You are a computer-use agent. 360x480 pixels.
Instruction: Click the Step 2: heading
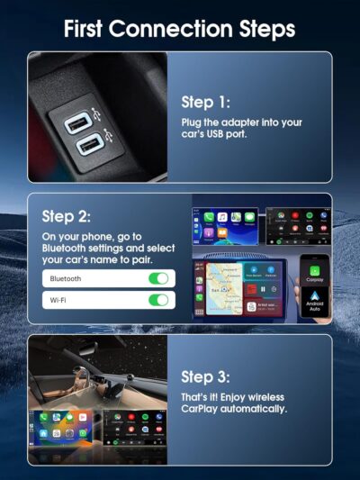[x=67, y=216]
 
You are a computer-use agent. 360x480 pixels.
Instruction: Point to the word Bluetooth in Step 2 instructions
[x=68, y=248]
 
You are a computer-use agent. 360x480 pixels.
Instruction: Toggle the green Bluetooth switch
[x=158, y=279]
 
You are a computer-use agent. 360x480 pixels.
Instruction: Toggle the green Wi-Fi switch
[x=158, y=301]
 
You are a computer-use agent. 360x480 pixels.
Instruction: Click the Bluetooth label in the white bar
[x=66, y=279]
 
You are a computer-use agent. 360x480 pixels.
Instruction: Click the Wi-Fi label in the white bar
[x=58, y=301]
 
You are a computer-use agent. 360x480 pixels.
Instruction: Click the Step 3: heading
[x=205, y=376]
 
